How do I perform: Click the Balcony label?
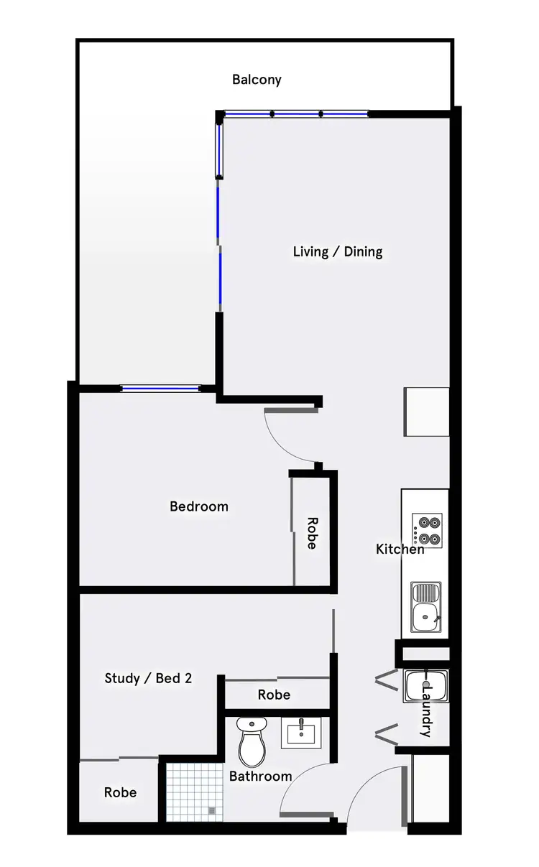257,80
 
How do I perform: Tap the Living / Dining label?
338,251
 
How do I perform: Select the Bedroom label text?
199,506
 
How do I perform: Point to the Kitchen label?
400,550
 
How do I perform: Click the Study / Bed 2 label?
148,678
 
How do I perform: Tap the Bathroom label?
260,776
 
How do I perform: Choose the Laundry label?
426,710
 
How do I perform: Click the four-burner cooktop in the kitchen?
427,530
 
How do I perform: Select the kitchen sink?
427,607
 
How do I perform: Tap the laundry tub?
426,687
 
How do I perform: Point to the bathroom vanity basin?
300,733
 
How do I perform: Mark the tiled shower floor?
191,791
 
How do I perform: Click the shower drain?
211,811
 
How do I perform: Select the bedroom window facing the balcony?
160,389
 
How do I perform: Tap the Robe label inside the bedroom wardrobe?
311,533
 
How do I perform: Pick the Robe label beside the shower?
120,792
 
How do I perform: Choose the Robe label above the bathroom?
274,695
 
